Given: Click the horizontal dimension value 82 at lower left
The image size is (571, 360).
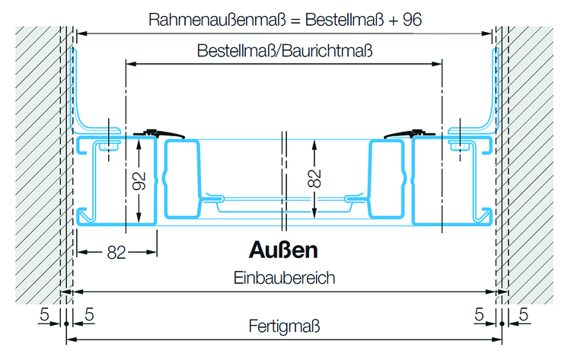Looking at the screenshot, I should [116, 253].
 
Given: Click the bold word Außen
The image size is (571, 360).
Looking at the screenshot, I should [283, 250].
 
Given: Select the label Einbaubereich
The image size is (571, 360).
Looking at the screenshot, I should [285, 278].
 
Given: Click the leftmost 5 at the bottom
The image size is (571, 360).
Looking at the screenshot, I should [45, 314].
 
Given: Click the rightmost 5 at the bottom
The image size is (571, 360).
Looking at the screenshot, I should [525, 314].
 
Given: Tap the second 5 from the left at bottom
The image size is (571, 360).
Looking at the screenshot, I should [89, 314].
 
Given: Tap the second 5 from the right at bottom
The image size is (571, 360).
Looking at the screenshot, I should [479, 314].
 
